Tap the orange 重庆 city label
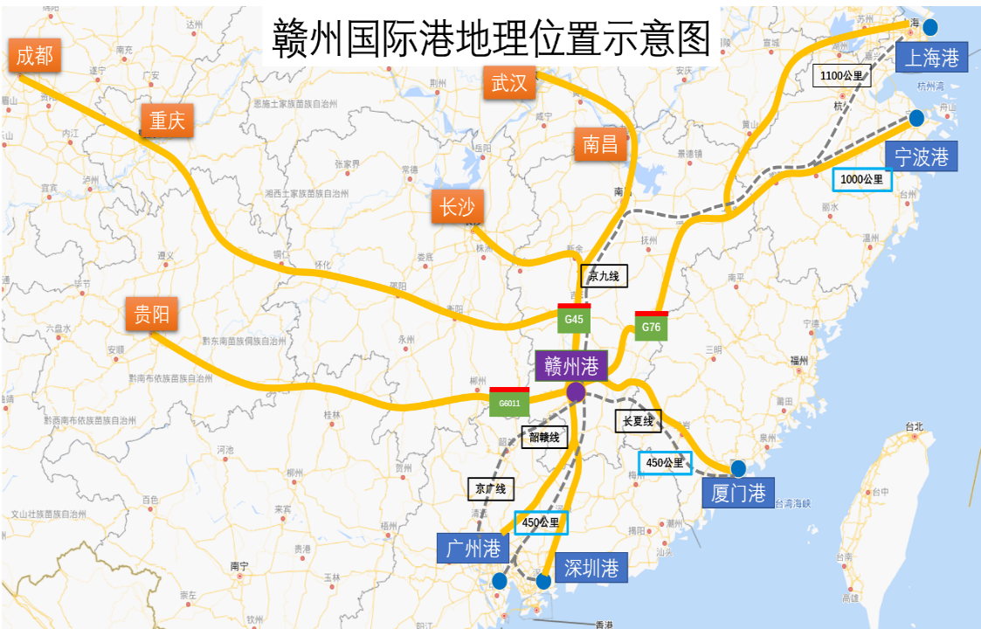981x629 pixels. tap(167, 121)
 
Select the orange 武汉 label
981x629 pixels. tap(508, 83)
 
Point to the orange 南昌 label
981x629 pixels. tap(600, 144)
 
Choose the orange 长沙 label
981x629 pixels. tap(457, 207)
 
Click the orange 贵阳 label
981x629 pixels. tap(152, 314)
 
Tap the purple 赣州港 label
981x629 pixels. tap(571, 366)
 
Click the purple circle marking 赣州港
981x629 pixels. tap(576, 392)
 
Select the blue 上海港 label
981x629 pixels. tap(932, 58)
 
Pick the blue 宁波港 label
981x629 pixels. tap(921, 156)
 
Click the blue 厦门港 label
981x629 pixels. tap(738, 493)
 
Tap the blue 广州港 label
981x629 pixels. tap(473, 549)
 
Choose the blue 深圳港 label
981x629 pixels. tap(591, 569)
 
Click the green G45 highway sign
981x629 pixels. tap(574, 319)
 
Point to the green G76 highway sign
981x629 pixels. tap(651, 327)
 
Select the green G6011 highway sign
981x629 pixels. tap(509, 403)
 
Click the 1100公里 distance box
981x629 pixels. tap(842, 76)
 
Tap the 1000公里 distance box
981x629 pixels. tap(862, 179)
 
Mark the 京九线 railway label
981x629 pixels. tap(604, 277)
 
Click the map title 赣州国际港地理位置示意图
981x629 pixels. tap(492, 39)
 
